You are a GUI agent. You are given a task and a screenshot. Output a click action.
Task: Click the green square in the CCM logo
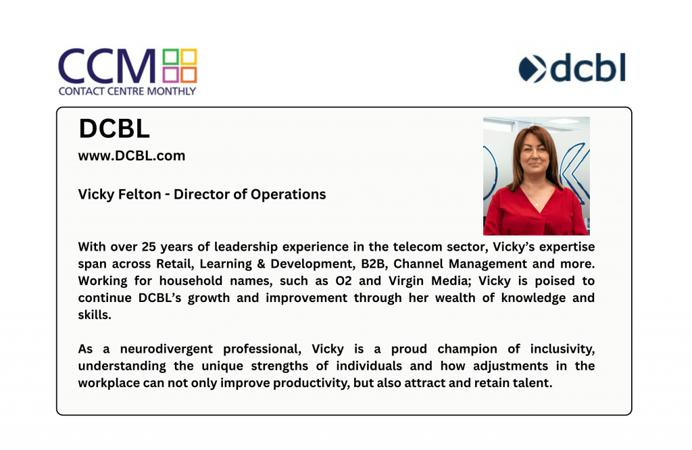pyautogui.click(x=170, y=57)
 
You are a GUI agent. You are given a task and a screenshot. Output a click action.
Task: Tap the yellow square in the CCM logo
pyautogui.click(x=189, y=57)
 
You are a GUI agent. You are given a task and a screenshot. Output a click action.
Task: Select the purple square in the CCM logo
pyautogui.click(x=170, y=74)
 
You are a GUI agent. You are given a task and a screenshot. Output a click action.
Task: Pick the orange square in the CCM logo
pyautogui.click(x=189, y=74)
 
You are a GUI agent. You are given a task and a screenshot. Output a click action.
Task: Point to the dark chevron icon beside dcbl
pyautogui.click(x=533, y=69)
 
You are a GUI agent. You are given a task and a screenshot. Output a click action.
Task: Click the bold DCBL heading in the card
pyautogui.click(x=114, y=129)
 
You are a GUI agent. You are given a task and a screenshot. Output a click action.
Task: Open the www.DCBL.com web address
pyautogui.click(x=132, y=155)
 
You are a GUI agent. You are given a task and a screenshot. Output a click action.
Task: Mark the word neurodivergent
pyautogui.click(x=166, y=349)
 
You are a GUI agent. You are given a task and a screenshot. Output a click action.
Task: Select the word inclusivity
pyautogui.click(x=562, y=349)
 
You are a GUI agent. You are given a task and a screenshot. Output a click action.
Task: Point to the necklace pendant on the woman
pyautogui.click(x=537, y=203)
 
